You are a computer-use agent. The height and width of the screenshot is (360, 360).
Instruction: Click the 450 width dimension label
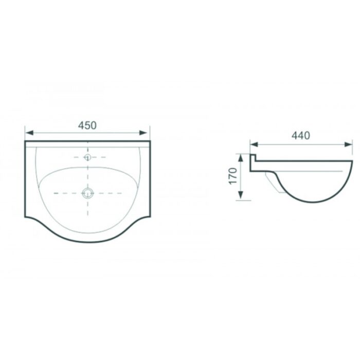click(87, 125)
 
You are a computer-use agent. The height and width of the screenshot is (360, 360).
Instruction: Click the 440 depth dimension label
click(300, 136)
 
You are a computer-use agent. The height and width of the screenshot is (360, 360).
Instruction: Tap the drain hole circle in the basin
click(87, 193)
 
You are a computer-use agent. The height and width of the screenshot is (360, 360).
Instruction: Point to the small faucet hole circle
click(87, 157)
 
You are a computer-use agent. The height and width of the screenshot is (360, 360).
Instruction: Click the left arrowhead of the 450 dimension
click(29, 133)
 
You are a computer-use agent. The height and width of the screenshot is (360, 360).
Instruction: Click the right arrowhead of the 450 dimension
click(143, 133)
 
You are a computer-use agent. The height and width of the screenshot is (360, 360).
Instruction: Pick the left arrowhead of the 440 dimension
click(254, 145)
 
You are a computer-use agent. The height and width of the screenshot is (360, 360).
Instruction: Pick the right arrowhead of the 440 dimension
click(348, 145)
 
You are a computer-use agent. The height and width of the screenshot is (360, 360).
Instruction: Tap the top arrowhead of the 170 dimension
click(240, 158)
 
